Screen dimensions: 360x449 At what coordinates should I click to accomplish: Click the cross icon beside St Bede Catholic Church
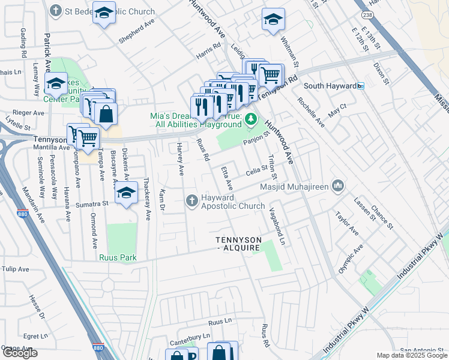coord(56,11)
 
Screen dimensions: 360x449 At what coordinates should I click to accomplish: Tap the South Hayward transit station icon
coord(361,86)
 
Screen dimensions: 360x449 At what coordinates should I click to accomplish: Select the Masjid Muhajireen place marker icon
coord(338,187)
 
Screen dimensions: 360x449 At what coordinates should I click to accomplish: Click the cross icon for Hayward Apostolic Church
coord(192,200)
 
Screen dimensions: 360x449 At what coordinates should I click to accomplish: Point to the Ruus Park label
coord(118,257)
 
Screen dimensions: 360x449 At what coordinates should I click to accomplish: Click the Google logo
coord(20,353)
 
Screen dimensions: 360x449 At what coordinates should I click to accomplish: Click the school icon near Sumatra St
coord(126,193)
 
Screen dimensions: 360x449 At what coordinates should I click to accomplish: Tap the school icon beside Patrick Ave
coord(56,83)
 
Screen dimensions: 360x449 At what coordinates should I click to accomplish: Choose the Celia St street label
coord(256,172)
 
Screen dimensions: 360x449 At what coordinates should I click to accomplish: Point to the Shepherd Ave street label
coord(136,29)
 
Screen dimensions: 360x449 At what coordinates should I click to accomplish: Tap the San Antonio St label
coord(421,350)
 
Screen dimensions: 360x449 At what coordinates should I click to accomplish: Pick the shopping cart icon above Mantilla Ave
coord(88,137)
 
